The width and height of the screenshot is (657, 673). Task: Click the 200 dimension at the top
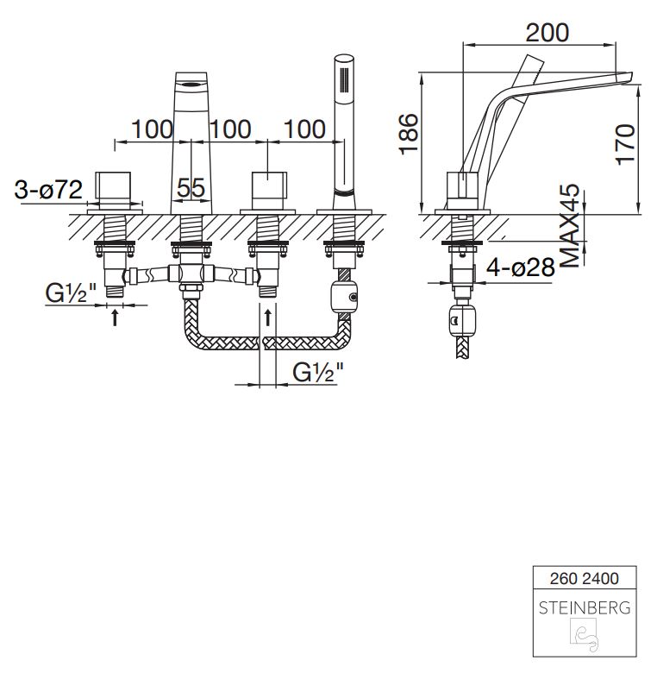click(x=547, y=33)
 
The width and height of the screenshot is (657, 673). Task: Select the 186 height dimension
click(x=409, y=134)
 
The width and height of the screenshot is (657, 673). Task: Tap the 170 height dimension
click(x=625, y=144)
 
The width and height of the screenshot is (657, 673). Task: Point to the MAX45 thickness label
click(x=571, y=226)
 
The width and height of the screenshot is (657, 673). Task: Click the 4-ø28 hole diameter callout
click(x=521, y=267)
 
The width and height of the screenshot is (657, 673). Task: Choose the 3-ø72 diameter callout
click(x=48, y=189)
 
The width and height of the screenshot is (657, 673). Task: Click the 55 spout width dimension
click(x=191, y=187)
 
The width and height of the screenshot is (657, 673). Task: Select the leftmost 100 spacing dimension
click(x=153, y=129)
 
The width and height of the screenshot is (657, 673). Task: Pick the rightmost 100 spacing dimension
click(x=305, y=129)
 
